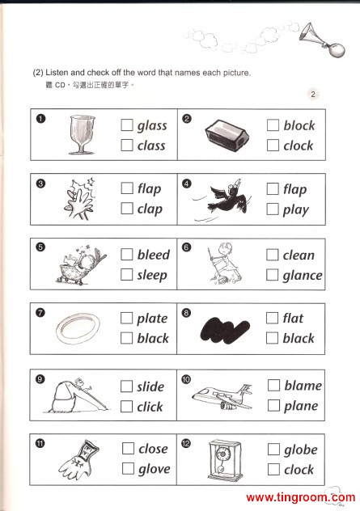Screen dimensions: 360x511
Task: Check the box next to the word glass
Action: tap(127, 125)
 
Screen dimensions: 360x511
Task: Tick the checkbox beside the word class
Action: tap(127, 145)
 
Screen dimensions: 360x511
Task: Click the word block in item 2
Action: tap(299, 125)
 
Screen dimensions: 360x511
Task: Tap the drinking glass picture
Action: tap(83, 134)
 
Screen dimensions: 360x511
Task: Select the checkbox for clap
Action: tap(127, 209)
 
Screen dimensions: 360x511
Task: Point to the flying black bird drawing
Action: tap(230, 198)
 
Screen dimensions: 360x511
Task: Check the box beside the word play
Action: tap(273, 209)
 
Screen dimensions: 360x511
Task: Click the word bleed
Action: tap(153, 255)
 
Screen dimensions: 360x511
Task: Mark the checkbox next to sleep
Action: tap(126, 274)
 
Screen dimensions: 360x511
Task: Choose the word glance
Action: tap(303, 276)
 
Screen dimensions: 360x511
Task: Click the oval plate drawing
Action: tap(78, 328)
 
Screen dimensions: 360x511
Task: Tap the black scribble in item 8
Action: tap(225, 331)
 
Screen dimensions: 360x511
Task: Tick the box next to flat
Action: tap(272, 318)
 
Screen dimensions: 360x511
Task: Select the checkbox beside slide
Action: tap(126, 386)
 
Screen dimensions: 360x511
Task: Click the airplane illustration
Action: tap(222, 397)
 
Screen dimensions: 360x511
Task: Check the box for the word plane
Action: tap(273, 406)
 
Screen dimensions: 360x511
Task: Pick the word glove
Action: tap(155, 469)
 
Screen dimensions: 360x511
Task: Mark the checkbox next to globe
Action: tap(273, 450)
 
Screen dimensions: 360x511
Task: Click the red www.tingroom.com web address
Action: tap(300, 497)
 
